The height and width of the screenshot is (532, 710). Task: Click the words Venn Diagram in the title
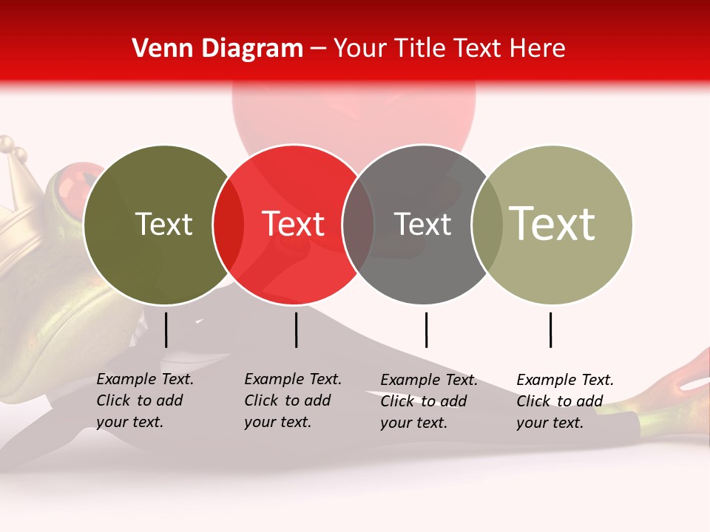[217, 48]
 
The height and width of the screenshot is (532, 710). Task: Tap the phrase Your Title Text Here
[449, 48]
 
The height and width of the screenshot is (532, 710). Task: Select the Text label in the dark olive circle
[163, 224]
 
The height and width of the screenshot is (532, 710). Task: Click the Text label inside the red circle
[294, 224]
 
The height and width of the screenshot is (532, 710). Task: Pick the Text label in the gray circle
[422, 224]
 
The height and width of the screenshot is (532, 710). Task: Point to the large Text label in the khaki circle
[552, 224]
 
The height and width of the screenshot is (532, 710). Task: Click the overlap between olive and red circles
[229, 225]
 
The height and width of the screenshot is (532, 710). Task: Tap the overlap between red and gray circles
[358, 225]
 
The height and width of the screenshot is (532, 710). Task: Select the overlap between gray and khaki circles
[487, 225]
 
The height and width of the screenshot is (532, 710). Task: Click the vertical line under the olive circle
[166, 330]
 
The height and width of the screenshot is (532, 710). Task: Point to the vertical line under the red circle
[296, 330]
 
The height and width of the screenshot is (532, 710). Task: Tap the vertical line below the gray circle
[426, 330]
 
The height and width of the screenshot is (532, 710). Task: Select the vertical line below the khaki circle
[550, 330]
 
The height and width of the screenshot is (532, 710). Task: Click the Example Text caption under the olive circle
[144, 400]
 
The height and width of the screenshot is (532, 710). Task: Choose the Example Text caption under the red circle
[292, 400]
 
